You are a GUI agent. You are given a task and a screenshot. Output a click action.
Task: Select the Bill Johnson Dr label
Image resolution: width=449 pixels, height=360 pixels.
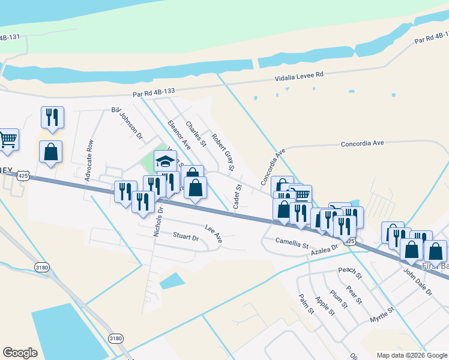click(x=127, y=124)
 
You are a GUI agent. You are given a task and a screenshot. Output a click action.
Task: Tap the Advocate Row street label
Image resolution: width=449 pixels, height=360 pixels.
click(x=90, y=161)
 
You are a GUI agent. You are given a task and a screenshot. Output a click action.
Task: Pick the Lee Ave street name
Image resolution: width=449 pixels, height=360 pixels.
click(x=214, y=233)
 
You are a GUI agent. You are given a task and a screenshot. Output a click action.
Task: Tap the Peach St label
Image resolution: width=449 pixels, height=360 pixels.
click(x=350, y=274)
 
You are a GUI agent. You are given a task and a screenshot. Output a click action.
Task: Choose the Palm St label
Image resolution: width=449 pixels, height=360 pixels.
click(x=307, y=304)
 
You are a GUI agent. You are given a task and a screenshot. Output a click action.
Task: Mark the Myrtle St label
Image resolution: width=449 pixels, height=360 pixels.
click(x=382, y=313)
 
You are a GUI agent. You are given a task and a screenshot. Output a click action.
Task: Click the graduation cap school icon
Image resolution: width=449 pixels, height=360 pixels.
click(x=165, y=161)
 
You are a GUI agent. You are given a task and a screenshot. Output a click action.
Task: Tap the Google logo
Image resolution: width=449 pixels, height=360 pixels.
click(x=20, y=353)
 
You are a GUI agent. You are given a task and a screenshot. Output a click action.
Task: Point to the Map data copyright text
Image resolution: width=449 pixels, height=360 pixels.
click(x=412, y=355)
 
